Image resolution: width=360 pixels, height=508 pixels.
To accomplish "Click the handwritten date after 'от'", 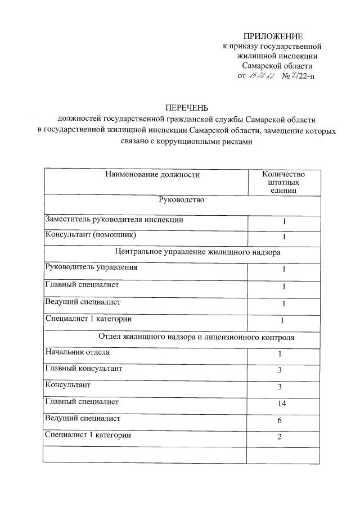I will (x=262, y=76).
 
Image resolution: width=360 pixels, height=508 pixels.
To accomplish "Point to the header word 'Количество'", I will (x=283, y=174).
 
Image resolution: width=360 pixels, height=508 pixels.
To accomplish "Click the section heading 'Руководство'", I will (x=182, y=199).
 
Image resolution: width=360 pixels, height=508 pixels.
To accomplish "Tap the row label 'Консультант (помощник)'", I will (x=91, y=234).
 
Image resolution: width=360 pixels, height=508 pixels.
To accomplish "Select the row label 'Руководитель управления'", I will (x=91, y=267).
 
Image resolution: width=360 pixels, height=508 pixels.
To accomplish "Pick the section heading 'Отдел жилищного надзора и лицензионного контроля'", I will (x=197, y=337).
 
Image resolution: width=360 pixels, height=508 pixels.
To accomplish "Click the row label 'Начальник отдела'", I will (x=78, y=352).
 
